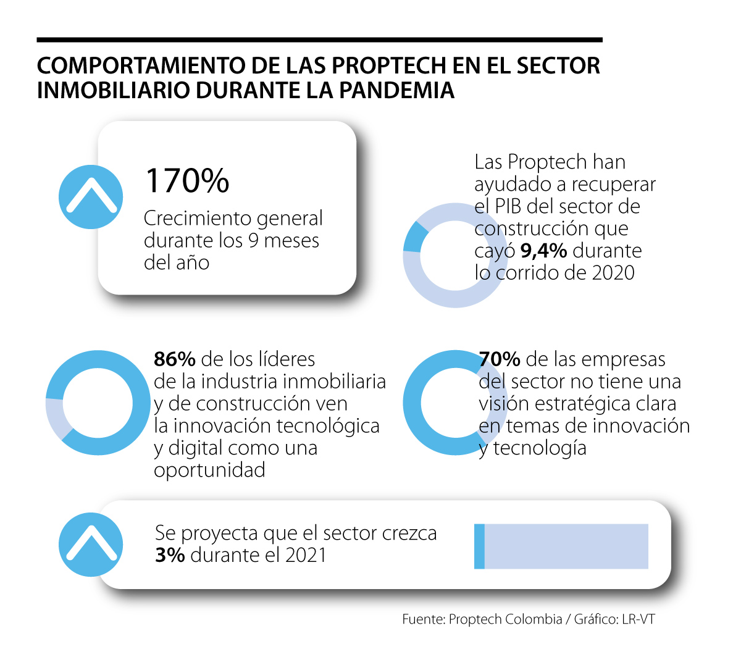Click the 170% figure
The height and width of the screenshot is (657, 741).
(x=187, y=180)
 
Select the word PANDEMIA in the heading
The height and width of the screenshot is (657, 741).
(x=396, y=90)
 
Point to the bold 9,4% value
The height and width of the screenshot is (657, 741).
(x=543, y=251)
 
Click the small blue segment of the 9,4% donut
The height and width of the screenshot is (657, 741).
(x=414, y=237)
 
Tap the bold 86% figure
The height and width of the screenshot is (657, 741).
(x=175, y=359)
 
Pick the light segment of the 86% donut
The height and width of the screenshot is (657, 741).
(x=56, y=417)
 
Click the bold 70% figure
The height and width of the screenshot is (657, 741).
(x=500, y=359)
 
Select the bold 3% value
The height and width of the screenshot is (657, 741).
(x=170, y=554)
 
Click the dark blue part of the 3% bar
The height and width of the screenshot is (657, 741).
(x=479, y=546)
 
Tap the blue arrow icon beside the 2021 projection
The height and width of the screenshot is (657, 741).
(x=91, y=545)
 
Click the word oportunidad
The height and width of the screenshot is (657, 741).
(x=209, y=470)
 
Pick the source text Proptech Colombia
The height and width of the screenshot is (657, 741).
(x=505, y=619)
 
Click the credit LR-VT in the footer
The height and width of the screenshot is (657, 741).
(x=638, y=619)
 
